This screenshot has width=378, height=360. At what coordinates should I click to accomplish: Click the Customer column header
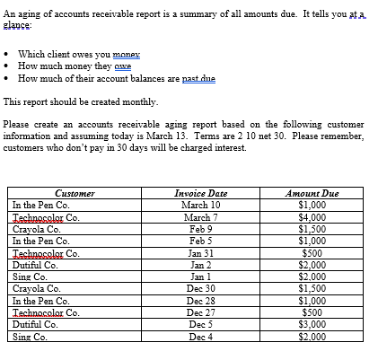pyautogui.click(x=75, y=193)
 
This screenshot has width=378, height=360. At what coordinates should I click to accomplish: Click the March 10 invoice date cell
pyautogui.click(x=201, y=205)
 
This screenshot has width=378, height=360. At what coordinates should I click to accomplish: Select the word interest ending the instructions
pyautogui.click(x=226, y=147)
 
